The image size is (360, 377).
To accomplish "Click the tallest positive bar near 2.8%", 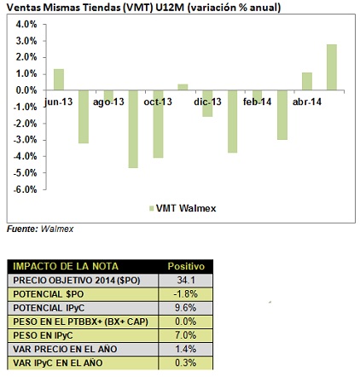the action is click(332, 67).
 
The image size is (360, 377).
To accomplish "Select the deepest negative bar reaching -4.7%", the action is click(133, 129).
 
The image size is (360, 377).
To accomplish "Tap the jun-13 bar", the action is click(59, 79).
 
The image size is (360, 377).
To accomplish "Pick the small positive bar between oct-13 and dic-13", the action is click(183, 87).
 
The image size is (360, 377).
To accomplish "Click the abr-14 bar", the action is click(307, 82).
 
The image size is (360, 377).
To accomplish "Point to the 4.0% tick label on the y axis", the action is click(26, 25).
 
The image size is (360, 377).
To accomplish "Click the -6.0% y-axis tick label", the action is click(25, 189).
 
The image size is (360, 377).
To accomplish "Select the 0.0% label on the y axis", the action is click(26, 90).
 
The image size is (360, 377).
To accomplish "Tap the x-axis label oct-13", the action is click(158, 101).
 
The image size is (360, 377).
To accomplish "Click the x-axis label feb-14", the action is click(257, 101).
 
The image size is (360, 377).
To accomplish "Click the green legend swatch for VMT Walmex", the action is click(151, 208).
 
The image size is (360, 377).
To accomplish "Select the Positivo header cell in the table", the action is click(186, 266).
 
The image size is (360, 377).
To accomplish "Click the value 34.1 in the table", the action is click(186, 281).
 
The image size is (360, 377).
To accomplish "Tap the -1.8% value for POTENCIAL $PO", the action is click(186, 294).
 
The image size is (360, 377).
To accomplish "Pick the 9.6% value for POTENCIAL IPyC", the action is click(186, 308).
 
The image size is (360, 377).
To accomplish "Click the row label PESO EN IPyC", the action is click(43, 335).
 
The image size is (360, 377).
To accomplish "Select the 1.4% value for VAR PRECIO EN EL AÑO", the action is click(186, 349).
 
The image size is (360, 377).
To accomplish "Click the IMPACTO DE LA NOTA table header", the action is click(66, 266).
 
